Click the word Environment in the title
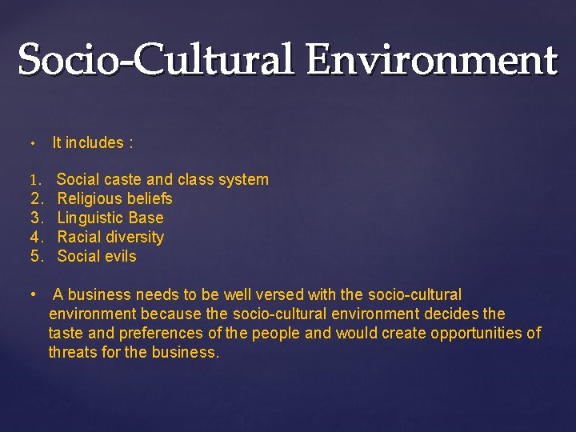[431, 60]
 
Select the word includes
[95, 143]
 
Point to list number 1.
[35, 180]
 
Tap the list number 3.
[36, 218]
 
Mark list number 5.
[36, 257]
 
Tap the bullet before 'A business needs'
[33, 294]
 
